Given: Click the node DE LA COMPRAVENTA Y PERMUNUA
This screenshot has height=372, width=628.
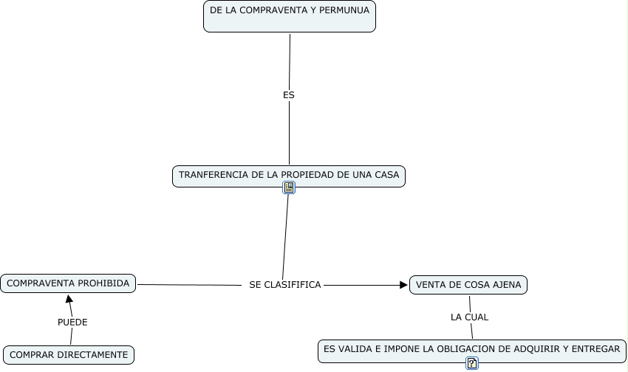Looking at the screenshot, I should click(290, 16).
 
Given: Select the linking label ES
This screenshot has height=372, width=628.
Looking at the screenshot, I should click(289, 95).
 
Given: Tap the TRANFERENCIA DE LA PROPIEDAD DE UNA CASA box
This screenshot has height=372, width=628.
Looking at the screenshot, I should click(289, 176).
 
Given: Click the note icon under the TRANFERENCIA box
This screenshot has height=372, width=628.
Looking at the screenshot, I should click(289, 187).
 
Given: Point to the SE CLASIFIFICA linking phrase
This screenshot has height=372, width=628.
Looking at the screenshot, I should click(285, 284).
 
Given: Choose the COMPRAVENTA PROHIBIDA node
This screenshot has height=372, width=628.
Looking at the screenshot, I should click(68, 283).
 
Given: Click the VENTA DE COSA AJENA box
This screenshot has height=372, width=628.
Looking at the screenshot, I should click(468, 285).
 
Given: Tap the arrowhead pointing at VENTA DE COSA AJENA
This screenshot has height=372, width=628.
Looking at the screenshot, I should click(403, 285).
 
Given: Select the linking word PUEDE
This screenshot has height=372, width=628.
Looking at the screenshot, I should click(72, 322).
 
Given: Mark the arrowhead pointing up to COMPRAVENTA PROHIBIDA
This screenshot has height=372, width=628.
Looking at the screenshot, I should click(69, 300).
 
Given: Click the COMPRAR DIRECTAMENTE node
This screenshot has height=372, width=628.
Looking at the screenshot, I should click(69, 354).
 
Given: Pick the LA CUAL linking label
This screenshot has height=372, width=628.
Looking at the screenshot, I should click(470, 317).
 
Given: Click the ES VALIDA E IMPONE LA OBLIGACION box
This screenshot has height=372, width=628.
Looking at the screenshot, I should click(472, 348).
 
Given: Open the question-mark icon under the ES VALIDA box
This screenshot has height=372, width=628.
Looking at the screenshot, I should click(472, 362).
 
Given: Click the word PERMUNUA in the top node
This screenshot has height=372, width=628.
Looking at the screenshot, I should click(345, 11).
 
